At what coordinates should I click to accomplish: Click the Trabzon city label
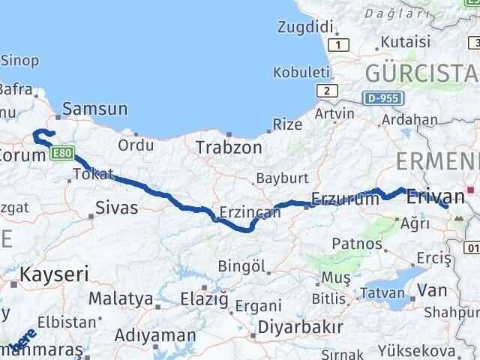[x=229, y=148]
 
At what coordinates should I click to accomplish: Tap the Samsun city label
[x=95, y=109]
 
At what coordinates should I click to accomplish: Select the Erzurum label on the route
[x=344, y=199]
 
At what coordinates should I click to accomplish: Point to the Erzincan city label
[x=250, y=212]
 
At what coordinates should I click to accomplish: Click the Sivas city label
[x=117, y=208]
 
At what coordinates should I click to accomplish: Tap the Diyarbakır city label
[x=300, y=327]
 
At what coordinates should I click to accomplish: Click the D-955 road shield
[x=385, y=98]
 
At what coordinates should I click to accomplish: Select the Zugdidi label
[x=304, y=27]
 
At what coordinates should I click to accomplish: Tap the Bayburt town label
[x=282, y=179]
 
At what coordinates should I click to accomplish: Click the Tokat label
[x=93, y=175]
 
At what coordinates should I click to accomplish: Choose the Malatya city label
[x=121, y=298]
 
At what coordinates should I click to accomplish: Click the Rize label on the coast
[x=287, y=124]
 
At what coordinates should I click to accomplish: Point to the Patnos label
[x=352, y=244]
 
